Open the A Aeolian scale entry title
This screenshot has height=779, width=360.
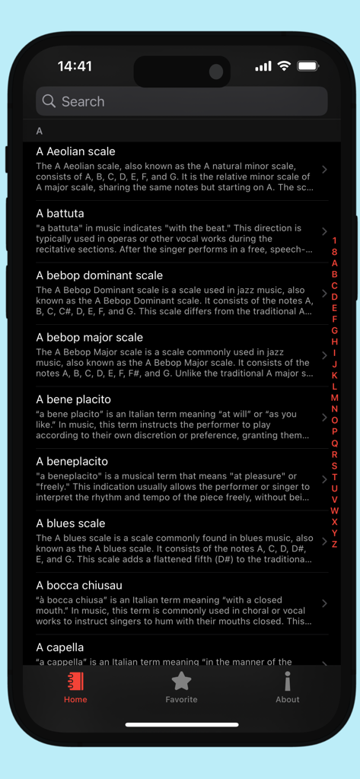point(75,151)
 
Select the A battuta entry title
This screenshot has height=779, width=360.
point(60,213)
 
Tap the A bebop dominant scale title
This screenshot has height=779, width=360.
point(99,275)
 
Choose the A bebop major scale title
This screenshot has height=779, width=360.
point(89,337)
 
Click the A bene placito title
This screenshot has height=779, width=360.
point(73,399)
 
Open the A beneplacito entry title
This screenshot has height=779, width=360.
point(72,461)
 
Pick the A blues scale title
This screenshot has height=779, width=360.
point(71,523)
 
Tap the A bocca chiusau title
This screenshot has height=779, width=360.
point(79,585)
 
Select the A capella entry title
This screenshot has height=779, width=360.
point(60,647)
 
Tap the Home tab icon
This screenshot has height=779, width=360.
point(75,681)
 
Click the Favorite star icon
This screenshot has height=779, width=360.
point(181,681)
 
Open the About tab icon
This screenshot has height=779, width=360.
point(287,681)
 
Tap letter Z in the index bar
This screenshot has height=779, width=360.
point(334,544)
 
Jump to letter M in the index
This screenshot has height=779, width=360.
point(334,398)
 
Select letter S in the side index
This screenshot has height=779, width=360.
point(334,466)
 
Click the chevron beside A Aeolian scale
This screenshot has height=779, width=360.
point(324,169)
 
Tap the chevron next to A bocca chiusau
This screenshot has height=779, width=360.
point(324,603)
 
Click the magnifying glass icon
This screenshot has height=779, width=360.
point(49,101)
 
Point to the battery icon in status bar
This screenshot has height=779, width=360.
point(307,66)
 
